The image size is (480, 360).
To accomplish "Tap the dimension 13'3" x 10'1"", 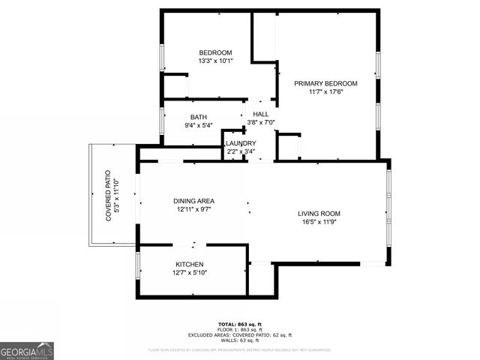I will coord(215,61).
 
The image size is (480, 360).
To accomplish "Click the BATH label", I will coord(198,117).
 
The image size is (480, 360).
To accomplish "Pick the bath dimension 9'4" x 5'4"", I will coord(199,125).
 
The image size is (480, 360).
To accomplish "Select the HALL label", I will coord(260,114).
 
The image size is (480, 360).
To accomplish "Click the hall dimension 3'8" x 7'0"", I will coord(261,122).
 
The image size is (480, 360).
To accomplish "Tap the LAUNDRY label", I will coord(241,143).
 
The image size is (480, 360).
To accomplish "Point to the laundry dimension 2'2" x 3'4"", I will coord(241,151).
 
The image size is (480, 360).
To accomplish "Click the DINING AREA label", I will coord(194,201).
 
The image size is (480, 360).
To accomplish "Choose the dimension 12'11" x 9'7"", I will coord(194,210).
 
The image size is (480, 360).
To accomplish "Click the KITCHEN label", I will coord(190,265).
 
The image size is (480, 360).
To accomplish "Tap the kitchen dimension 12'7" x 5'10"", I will coord(190,273).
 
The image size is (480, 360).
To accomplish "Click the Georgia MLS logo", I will coord(27,350).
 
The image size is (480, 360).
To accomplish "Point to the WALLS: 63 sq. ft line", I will coord(240,340).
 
